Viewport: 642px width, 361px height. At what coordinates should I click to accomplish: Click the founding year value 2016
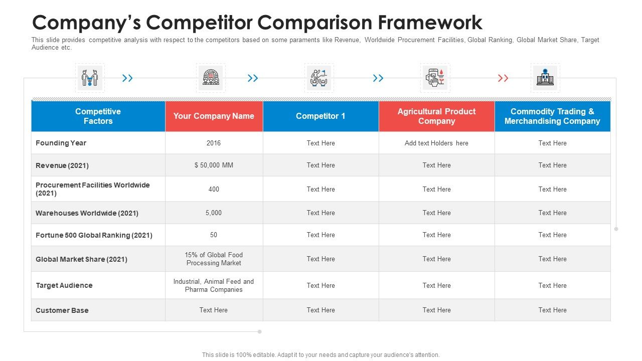tap(214, 143)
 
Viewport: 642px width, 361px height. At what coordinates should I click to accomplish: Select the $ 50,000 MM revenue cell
tap(214, 165)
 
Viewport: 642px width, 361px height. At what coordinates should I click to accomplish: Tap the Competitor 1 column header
tap(320, 116)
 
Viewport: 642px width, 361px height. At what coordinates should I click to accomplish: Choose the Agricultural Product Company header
tap(436, 116)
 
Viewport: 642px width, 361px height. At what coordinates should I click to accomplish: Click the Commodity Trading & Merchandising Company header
tap(552, 116)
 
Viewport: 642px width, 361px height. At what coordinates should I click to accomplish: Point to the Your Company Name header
tap(214, 116)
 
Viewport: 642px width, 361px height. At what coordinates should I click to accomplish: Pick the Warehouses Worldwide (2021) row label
tap(87, 213)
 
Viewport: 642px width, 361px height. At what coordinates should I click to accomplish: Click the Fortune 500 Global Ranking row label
tap(94, 235)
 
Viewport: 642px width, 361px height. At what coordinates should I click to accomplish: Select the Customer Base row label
tap(62, 310)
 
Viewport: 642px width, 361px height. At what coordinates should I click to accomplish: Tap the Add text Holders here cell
tap(436, 143)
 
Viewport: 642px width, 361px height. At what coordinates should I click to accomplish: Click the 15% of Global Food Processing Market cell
tap(214, 259)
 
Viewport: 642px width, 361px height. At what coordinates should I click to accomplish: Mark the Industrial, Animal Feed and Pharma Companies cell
tap(214, 286)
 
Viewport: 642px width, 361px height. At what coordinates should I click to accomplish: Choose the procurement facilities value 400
tap(214, 190)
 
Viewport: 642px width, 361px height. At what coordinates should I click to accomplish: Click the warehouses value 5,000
tap(214, 213)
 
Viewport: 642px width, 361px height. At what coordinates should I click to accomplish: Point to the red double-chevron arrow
tap(503, 78)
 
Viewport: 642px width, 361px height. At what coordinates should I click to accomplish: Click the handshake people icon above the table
tap(90, 78)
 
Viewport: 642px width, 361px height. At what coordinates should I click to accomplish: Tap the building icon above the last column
tap(545, 78)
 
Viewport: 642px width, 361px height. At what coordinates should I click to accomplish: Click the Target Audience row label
tap(64, 286)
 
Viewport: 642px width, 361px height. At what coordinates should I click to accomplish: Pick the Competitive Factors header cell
tap(98, 116)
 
